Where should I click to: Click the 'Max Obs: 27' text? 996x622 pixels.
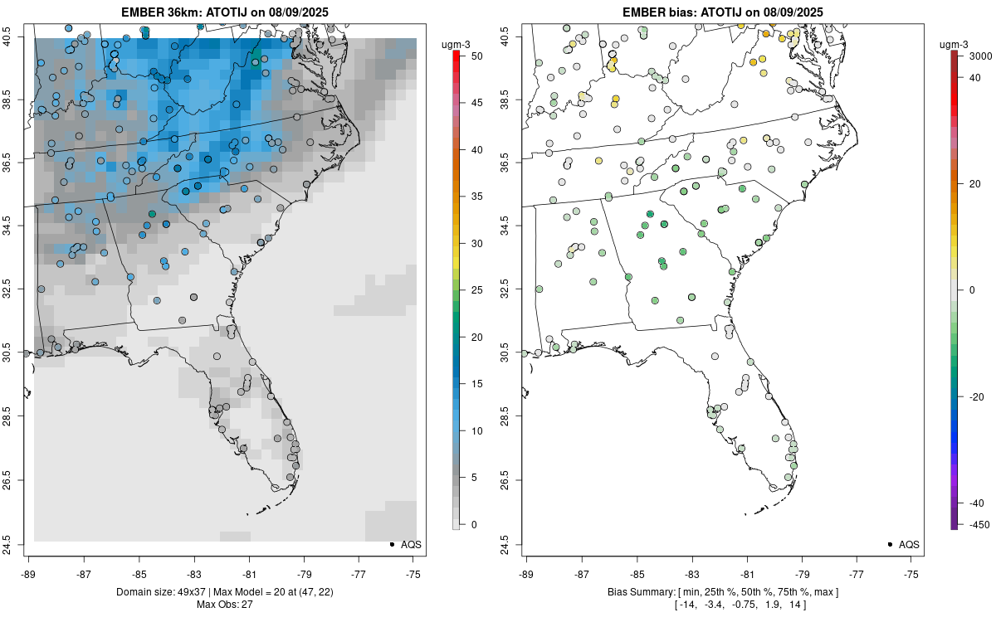tap(225, 604)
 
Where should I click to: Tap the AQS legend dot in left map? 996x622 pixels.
tap(391, 544)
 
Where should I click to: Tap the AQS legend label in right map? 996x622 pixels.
tap(910, 544)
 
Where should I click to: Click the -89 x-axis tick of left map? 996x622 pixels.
tap(29, 573)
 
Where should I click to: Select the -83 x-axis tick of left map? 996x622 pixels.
tap(194, 573)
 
